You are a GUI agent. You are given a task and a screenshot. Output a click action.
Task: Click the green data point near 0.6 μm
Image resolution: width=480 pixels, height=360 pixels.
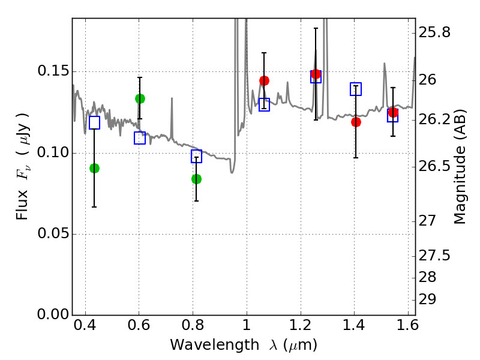coord(140,99)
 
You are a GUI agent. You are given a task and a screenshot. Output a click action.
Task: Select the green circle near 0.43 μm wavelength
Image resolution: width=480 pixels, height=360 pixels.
coord(94,169)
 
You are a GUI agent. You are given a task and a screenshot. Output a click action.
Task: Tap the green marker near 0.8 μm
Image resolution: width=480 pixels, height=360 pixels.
coord(197,179)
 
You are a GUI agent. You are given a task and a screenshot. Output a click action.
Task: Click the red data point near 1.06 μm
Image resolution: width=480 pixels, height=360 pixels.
coord(264,80)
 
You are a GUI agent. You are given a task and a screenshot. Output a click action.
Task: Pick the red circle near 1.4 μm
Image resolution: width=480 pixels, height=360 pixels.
coord(356,122)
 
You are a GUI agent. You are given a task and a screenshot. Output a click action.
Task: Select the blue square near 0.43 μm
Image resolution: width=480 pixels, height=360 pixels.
coord(94,122)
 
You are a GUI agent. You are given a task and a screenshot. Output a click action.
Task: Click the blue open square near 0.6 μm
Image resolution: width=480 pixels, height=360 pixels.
coord(140,138)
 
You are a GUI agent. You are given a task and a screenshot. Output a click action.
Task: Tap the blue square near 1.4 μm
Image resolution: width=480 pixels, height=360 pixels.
coord(356,89)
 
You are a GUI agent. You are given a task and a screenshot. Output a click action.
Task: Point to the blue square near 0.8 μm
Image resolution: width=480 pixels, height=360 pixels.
coord(197,156)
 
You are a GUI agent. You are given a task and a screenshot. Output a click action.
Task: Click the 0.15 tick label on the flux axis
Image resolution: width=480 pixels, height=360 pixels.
coord(53,71)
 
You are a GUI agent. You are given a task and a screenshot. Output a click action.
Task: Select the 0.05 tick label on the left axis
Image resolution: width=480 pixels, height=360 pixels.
coord(53,233)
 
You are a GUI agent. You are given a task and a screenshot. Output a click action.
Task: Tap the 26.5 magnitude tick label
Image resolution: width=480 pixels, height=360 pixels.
coord(434,167)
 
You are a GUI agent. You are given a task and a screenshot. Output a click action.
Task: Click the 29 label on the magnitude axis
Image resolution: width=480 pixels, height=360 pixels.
coord(427,299)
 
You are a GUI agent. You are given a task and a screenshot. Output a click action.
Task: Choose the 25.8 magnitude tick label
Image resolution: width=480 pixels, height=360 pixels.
coord(434,32)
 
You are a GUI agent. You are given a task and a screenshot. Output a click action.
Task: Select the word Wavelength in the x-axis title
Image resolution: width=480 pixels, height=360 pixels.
coord(215,345)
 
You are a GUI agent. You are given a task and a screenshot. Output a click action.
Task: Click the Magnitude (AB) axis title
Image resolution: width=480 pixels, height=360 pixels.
coord(460,167)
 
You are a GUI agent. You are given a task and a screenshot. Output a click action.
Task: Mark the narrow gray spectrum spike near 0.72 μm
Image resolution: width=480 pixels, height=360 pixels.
coord(172,119)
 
